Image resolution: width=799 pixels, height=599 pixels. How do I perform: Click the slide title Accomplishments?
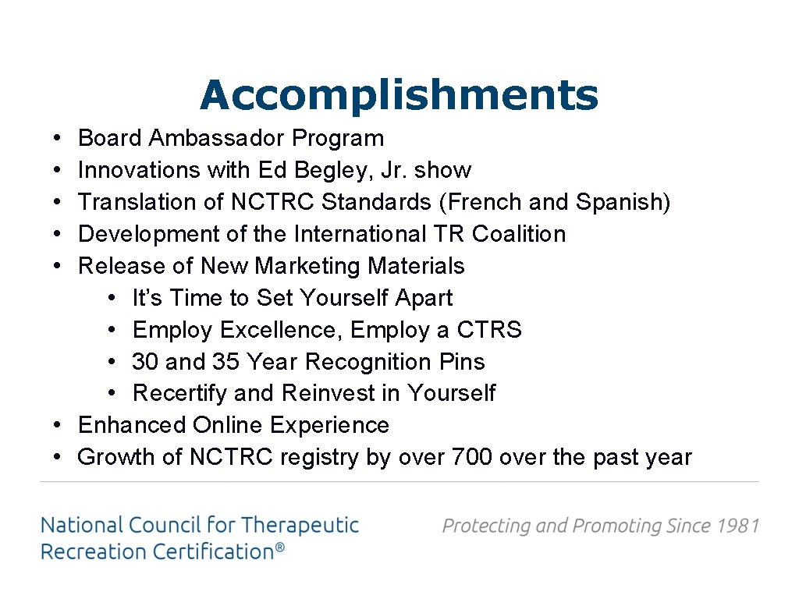(399, 96)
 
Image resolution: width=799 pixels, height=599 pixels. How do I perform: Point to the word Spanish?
(622, 202)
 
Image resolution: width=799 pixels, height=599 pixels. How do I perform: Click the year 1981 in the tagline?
(737, 526)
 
